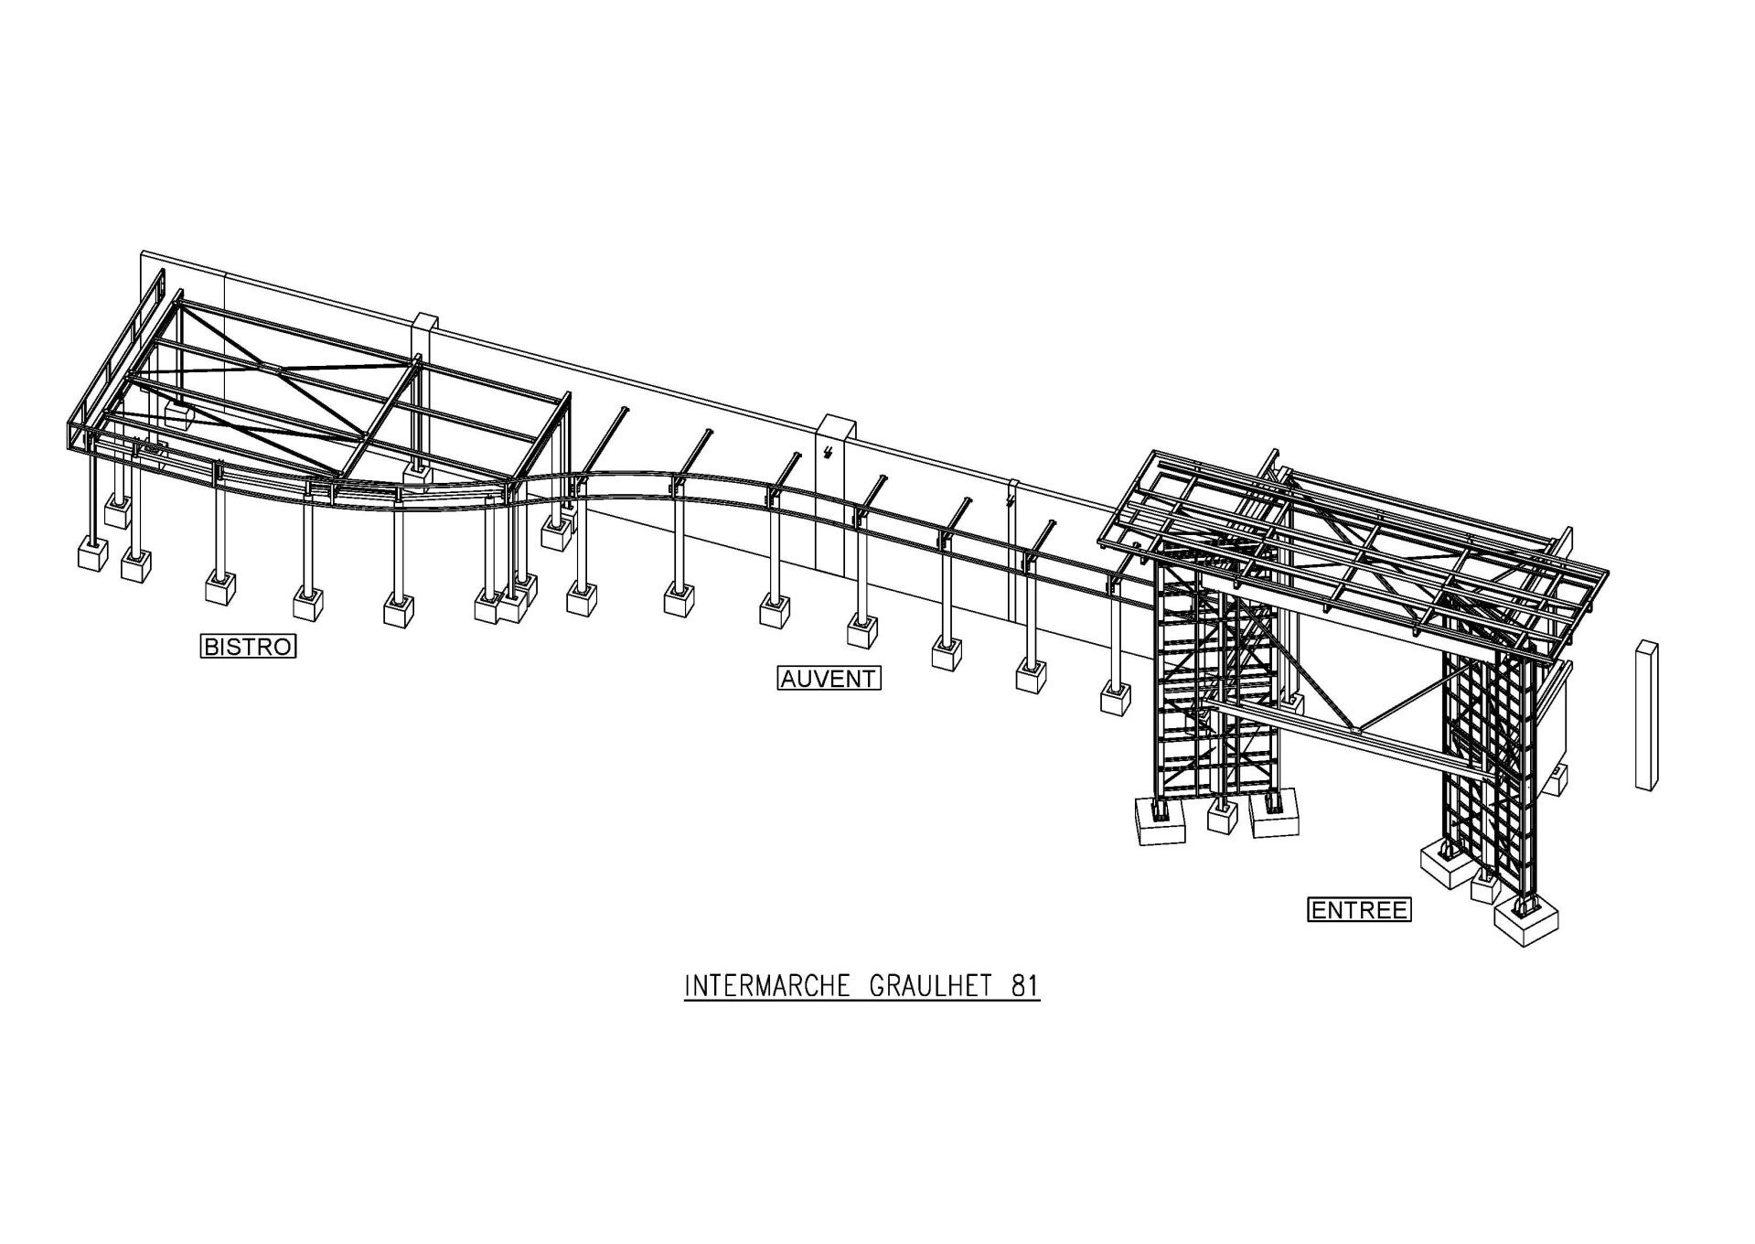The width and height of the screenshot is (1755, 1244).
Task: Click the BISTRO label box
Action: [x=249, y=647]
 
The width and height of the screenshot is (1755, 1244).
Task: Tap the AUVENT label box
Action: [x=829, y=679]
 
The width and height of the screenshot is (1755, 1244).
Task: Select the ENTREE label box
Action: [x=1359, y=910]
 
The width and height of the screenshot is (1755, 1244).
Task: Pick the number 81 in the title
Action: [x=1024, y=987]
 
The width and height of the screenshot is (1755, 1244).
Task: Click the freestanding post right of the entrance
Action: [x=1647, y=714]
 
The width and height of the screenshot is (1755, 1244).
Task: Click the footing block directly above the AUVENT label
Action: [x=775, y=610]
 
